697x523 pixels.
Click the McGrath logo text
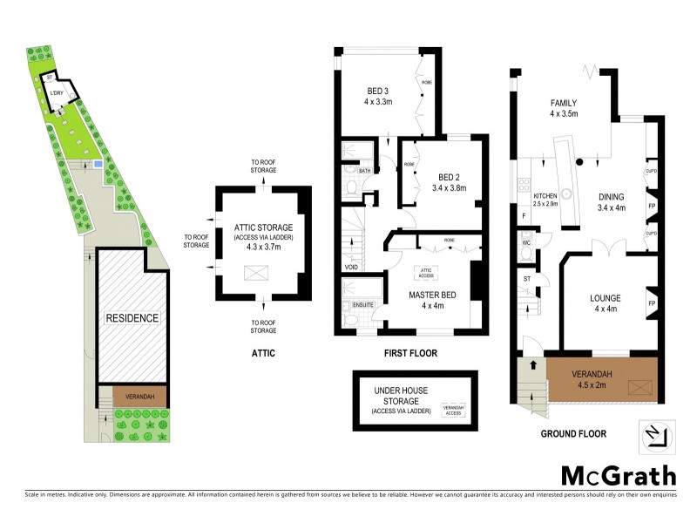tap(617, 475)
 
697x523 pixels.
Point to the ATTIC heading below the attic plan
tap(262, 353)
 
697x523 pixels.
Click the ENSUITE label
tap(353, 306)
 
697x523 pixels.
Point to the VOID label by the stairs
tap(351, 267)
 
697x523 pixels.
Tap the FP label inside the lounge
tap(651, 303)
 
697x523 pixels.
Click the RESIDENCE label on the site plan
tap(132, 317)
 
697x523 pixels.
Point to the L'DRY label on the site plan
tap(57, 92)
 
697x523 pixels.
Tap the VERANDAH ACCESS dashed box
tap(454, 411)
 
